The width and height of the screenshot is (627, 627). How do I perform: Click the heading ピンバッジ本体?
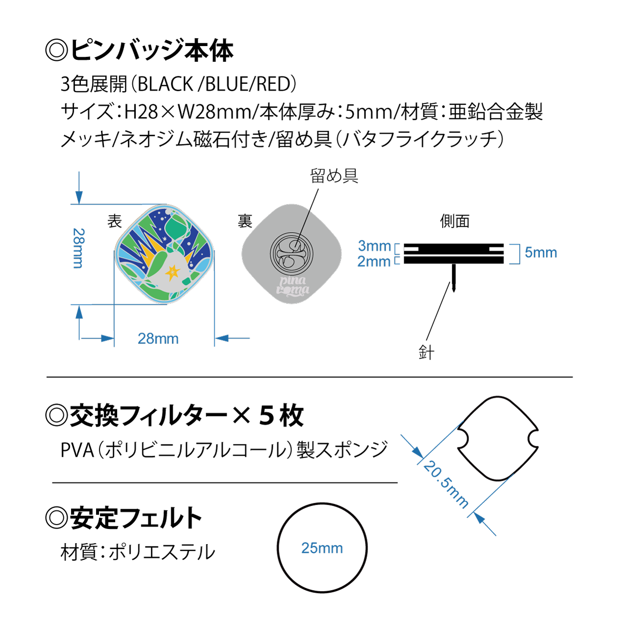(x=152, y=50)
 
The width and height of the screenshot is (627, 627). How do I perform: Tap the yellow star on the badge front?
(x=172, y=271)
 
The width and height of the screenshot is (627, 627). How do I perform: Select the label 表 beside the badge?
(x=115, y=221)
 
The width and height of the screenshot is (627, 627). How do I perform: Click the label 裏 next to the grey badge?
(x=245, y=221)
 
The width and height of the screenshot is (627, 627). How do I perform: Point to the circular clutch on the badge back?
(x=292, y=254)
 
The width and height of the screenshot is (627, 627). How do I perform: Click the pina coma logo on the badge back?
(x=292, y=286)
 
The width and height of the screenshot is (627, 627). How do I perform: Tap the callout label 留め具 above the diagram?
(x=334, y=176)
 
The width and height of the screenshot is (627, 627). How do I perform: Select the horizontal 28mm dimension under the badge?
(x=158, y=338)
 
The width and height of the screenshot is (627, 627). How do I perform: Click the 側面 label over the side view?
(x=455, y=221)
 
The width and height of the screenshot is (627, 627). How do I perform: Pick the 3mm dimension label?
(x=375, y=246)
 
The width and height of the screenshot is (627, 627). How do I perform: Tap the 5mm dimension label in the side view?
(x=541, y=253)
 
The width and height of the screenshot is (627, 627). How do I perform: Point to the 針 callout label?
(x=426, y=352)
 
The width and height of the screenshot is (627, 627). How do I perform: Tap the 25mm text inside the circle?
(x=322, y=548)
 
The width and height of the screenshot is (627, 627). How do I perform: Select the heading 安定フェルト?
(x=136, y=518)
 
